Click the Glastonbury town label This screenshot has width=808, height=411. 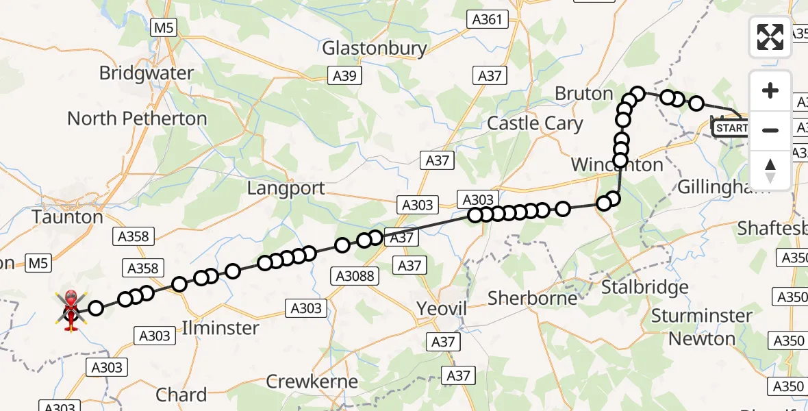point(374,49)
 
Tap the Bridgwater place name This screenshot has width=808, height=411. point(146,73)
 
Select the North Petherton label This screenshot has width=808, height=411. point(137,119)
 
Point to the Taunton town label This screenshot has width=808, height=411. point(67,217)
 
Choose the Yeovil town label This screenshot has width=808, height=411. point(442,310)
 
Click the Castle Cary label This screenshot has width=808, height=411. point(535,123)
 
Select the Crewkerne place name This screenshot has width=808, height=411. point(312,382)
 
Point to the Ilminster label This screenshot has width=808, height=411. point(220,328)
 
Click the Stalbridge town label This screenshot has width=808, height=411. point(644,287)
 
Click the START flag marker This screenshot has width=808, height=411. point(731,128)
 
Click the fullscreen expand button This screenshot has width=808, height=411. point(770,37)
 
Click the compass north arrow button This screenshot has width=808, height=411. point(770,170)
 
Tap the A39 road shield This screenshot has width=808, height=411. point(344,75)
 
